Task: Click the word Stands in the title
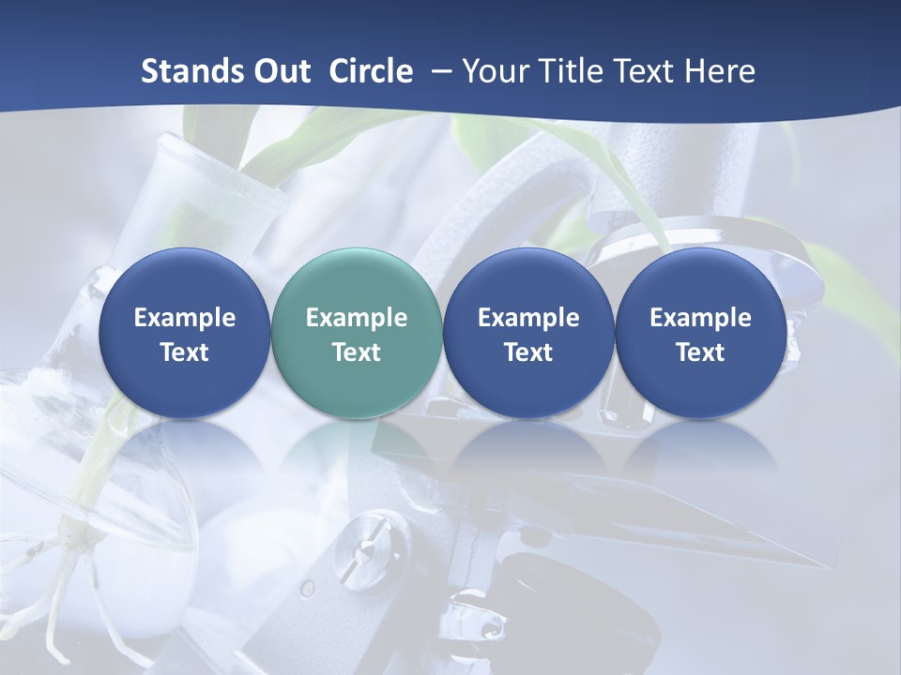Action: click(x=193, y=71)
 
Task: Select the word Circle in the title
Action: click(x=371, y=71)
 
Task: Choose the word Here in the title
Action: click(x=719, y=71)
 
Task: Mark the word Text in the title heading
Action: click(x=648, y=71)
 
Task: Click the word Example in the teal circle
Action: click(x=357, y=318)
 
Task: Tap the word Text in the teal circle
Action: click(x=357, y=352)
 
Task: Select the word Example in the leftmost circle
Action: click(x=185, y=318)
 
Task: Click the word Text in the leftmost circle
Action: click(x=185, y=352)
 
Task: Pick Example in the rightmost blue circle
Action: click(x=701, y=318)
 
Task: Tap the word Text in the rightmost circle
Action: click(x=701, y=352)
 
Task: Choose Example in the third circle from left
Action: click(x=528, y=318)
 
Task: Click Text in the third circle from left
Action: click(x=528, y=352)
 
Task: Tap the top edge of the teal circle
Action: click(x=357, y=249)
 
